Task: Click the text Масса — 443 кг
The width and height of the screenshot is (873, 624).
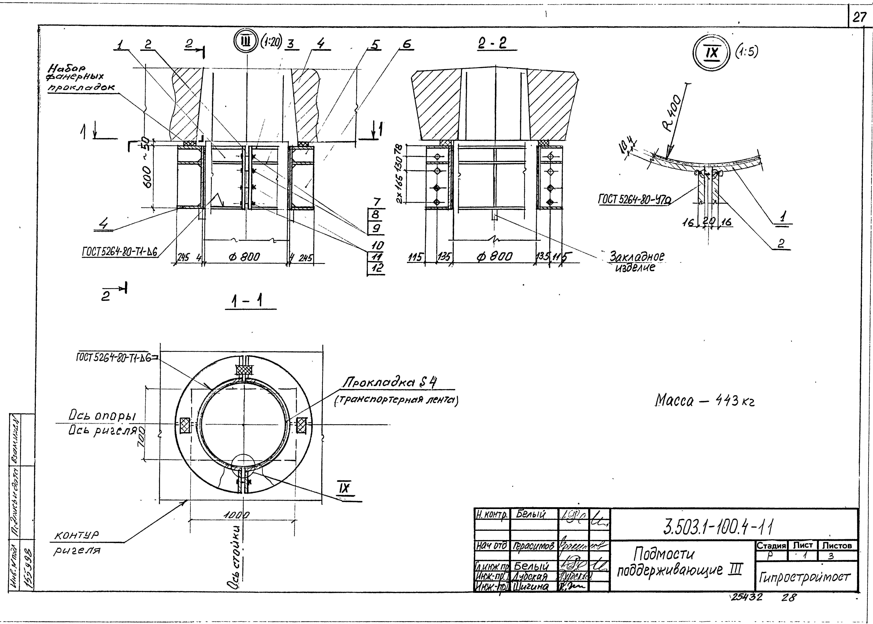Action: point(704,401)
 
